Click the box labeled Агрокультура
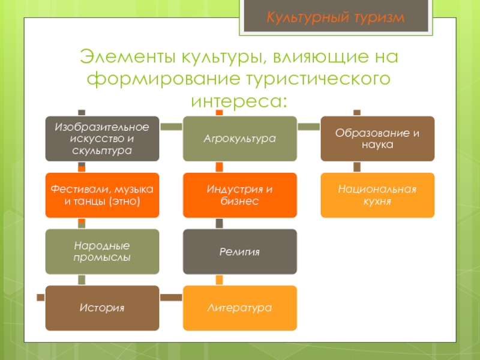tap(239, 139)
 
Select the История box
tap(102, 308)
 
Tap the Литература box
tap(239, 308)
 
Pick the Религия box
tap(239, 251)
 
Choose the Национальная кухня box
tap(377, 195)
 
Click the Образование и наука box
tap(377, 139)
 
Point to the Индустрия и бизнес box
tap(239, 195)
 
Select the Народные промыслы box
tap(102, 251)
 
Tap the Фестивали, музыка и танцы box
tap(102, 195)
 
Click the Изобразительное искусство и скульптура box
tap(102, 139)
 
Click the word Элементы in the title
tap(120, 59)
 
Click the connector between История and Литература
tap(171, 296)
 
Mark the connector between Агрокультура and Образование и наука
tap(308, 127)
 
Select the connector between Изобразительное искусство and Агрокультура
tap(171, 127)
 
